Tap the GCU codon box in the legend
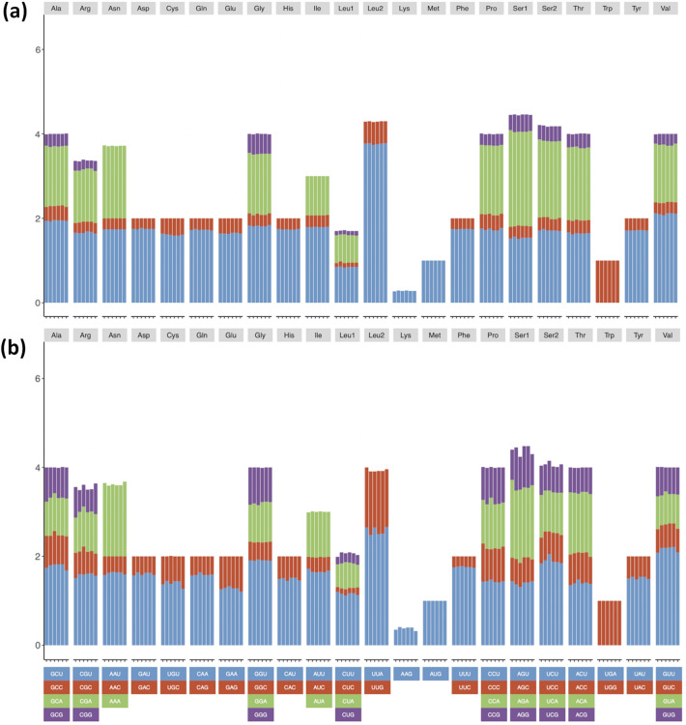point(56,672)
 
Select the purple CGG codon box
point(85,714)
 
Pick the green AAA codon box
point(115,701)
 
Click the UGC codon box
point(173,686)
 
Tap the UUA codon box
point(378,672)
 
